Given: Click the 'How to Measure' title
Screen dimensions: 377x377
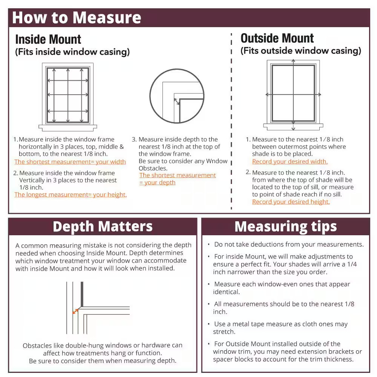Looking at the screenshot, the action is click(77, 18).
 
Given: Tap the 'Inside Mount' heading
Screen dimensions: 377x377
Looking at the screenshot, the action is click(48, 40).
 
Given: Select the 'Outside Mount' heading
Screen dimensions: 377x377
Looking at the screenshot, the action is click(277, 38).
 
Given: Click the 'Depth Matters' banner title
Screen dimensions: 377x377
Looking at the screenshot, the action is click(103, 227).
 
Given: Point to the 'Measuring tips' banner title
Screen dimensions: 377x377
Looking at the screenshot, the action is click(286, 227).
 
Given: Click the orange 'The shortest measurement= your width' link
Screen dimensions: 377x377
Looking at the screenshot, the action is click(70, 162).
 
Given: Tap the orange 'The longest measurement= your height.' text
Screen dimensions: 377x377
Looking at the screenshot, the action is click(70, 195).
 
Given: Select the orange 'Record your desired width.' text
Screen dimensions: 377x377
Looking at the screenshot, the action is click(290, 161).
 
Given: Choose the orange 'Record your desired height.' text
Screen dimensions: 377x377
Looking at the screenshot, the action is click(291, 202).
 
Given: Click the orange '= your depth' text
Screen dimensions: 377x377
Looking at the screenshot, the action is click(157, 182).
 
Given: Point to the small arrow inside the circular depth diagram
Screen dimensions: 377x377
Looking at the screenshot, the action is click(177, 101).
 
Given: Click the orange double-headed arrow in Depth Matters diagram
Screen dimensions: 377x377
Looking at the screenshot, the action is click(75, 311).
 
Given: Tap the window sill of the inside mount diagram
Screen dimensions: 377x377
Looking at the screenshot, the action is click(67, 128).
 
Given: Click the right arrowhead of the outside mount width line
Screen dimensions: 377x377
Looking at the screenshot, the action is click(320, 95).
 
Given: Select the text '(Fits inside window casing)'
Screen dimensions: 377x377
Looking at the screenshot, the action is click(72, 52).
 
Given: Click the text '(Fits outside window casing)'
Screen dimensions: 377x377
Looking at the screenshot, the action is click(301, 51).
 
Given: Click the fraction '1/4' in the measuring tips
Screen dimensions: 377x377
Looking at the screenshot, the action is click(352, 264).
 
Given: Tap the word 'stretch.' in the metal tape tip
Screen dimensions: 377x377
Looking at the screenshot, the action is click(224, 331).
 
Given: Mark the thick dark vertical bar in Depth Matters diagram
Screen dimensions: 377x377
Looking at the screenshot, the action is click(82, 294).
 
